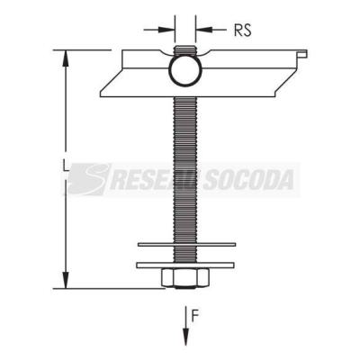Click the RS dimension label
click(x=242, y=30)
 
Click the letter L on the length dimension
click(x=65, y=165)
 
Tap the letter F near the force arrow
click(x=195, y=317)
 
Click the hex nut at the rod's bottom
click(x=184, y=277)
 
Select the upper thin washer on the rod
click(x=186, y=245)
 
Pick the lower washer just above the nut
click(x=185, y=265)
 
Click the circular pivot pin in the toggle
click(x=185, y=71)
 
